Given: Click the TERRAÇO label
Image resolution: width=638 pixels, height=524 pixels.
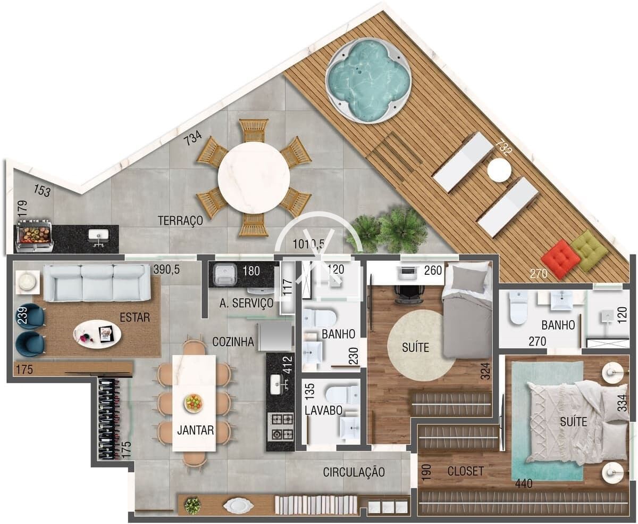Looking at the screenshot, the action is pyautogui.click(x=180, y=220).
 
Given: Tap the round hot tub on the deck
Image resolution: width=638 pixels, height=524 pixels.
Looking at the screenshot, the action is pyautogui.click(x=368, y=80).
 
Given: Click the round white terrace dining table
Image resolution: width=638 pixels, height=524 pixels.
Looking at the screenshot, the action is pyautogui.click(x=254, y=178).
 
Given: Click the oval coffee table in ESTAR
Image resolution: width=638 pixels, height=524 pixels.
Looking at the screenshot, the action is pyautogui.click(x=97, y=334).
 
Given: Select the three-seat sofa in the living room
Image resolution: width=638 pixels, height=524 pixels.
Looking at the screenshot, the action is pyautogui.click(x=97, y=283).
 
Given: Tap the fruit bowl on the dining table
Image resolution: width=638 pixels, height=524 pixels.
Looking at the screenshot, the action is pyautogui.click(x=194, y=403).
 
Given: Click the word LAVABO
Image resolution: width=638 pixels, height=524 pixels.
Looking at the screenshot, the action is pyautogui.click(x=323, y=411).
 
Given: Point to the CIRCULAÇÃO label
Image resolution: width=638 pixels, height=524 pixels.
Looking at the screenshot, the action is pyautogui.click(x=354, y=472).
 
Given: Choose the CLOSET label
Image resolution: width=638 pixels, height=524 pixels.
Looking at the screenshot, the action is pyautogui.click(x=466, y=471).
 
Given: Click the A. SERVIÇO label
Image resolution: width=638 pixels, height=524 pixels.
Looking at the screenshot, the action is pyautogui.click(x=246, y=303).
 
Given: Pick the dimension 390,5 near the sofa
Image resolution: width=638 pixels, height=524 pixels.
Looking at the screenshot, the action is pyautogui.click(x=166, y=269).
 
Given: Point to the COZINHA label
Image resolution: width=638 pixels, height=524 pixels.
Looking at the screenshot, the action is pyautogui.click(x=233, y=342).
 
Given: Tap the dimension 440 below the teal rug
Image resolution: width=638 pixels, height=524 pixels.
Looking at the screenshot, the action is pyautogui.click(x=524, y=484).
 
